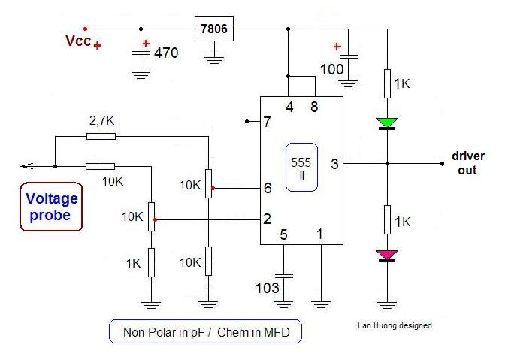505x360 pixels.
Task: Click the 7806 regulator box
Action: coord(214,29)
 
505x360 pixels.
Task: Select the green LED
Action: coord(387,124)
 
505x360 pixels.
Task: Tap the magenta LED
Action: coord(387,256)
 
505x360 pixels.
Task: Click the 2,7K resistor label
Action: coord(101,121)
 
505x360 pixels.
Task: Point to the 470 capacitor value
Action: coord(166,53)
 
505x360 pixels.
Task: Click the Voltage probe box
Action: coord(51,207)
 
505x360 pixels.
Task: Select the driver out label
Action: coord(468,163)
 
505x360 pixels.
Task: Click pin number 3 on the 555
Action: coord(335,165)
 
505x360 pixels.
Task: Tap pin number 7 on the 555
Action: coord(267,122)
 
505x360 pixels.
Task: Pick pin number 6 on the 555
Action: coord(268,188)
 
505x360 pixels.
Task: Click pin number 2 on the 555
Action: coord(267,219)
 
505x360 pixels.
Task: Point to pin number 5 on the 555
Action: coord(283,234)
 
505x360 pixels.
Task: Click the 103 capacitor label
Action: coord(268,288)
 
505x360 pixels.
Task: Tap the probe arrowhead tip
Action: coord(21,167)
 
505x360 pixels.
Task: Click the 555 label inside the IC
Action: coord(301,162)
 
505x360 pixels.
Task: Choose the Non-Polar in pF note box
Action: coord(205,331)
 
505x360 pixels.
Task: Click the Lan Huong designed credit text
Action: coord(395,325)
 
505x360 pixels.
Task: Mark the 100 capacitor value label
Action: coord(331,70)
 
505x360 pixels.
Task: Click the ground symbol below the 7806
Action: coord(214,59)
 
